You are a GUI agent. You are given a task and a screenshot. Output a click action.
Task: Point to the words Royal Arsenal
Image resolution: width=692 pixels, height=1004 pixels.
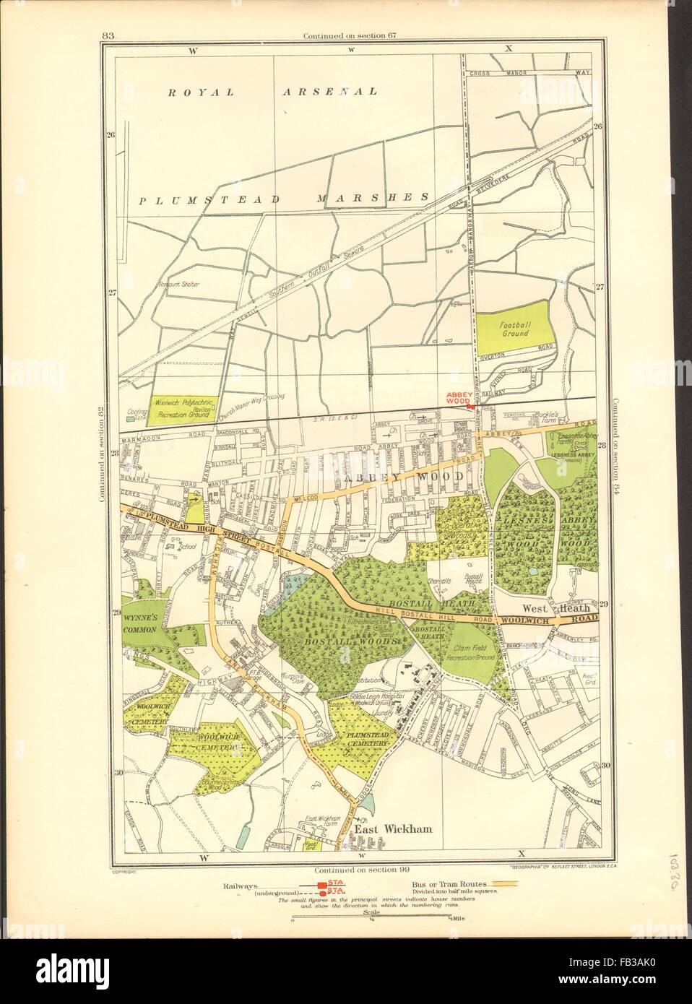click(x=273, y=92)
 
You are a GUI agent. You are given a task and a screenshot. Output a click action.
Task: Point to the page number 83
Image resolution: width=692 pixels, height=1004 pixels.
click(x=110, y=35)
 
